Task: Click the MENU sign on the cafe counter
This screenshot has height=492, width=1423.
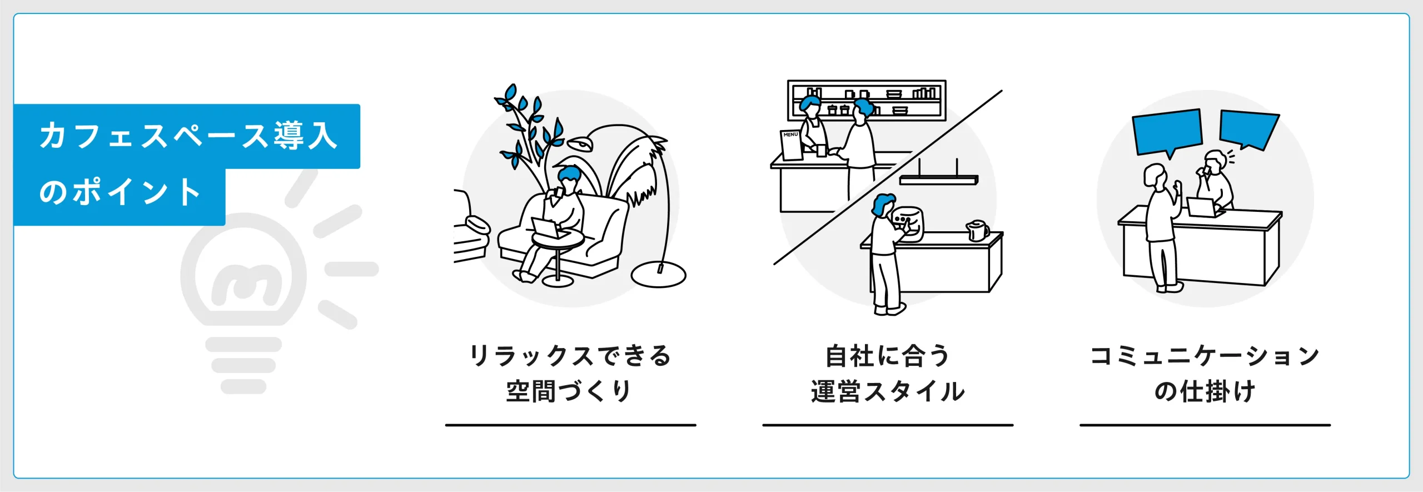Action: [791, 145]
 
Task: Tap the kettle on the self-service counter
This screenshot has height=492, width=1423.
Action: [977, 230]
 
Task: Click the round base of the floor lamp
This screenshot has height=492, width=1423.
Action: [659, 275]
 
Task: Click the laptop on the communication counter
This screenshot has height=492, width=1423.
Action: [1204, 207]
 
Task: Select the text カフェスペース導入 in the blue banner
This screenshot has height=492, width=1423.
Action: [188, 136]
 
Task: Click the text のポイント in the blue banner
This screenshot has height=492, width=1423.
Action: [120, 192]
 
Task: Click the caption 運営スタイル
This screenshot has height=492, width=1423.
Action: [888, 391]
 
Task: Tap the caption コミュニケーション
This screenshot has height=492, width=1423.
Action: [1205, 356]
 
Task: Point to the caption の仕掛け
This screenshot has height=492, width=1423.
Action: [1205, 391]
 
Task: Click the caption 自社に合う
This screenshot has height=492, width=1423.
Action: [888, 356]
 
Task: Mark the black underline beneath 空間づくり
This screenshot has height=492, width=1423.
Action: [570, 425]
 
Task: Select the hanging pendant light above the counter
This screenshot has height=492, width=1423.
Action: [938, 180]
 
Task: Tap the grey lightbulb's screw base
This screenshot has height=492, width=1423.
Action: [243, 364]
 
